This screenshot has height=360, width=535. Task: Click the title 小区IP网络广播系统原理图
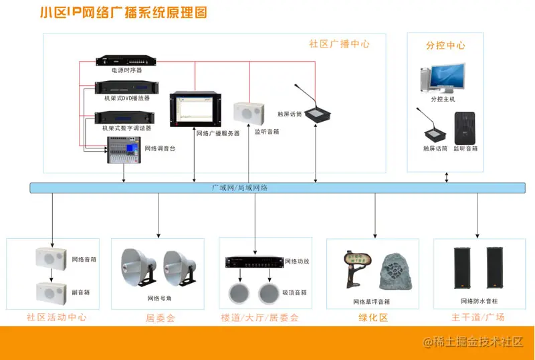(123, 13)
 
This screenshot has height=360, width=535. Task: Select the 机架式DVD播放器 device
(125, 88)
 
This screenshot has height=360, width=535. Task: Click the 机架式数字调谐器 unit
(125, 117)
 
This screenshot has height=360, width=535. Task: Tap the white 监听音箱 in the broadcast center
(246, 113)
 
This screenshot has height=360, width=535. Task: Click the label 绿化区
(373, 317)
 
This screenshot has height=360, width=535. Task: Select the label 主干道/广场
(477, 317)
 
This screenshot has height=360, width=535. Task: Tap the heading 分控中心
(445, 46)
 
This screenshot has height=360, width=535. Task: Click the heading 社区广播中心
(339, 43)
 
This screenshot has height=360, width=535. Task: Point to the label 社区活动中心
(56, 317)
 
